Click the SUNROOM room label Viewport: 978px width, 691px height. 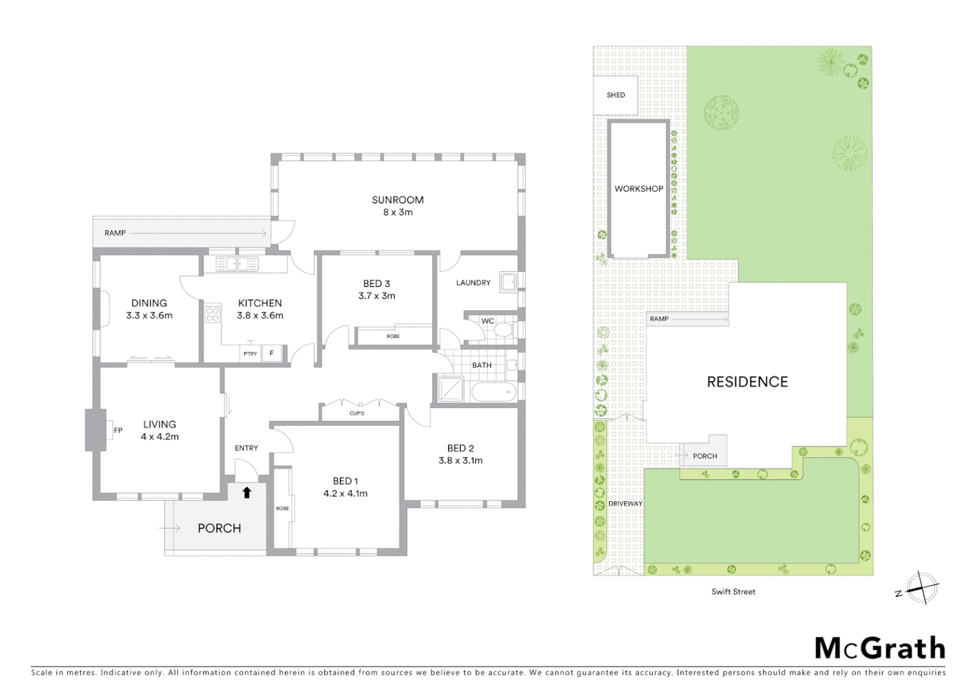pyautogui.click(x=397, y=200)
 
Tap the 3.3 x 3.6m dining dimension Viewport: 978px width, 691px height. pyautogui.click(x=149, y=315)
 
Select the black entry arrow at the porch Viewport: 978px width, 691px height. pyautogui.click(x=246, y=492)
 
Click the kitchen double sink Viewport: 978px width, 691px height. pyautogui.click(x=237, y=264)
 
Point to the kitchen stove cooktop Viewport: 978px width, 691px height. pyautogui.click(x=212, y=314)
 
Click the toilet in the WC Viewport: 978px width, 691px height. pyautogui.click(x=504, y=330)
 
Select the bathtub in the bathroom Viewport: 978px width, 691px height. pyautogui.click(x=493, y=392)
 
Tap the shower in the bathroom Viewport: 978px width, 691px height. pyautogui.click(x=450, y=389)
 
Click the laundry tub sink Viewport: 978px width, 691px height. pyautogui.click(x=508, y=282)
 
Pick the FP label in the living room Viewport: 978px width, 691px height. pyautogui.click(x=118, y=431)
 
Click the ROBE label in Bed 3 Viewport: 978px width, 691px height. pyautogui.click(x=393, y=336)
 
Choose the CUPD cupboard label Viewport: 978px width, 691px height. pyautogui.click(x=357, y=413)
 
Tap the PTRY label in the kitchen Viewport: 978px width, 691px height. pyautogui.click(x=250, y=353)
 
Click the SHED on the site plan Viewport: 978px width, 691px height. pyautogui.click(x=615, y=95)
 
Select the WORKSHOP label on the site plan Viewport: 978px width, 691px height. pyautogui.click(x=639, y=189)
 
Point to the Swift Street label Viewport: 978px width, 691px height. pyautogui.click(x=733, y=592)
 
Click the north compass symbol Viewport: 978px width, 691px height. pyautogui.click(x=921, y=587)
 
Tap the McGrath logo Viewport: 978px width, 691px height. pyautogui.click(x=879, y=648)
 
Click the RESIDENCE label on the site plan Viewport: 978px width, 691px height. pyautogui.click(x=747, y=382)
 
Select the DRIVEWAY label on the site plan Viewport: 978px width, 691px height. pyautogui.click(x=625, y=504)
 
